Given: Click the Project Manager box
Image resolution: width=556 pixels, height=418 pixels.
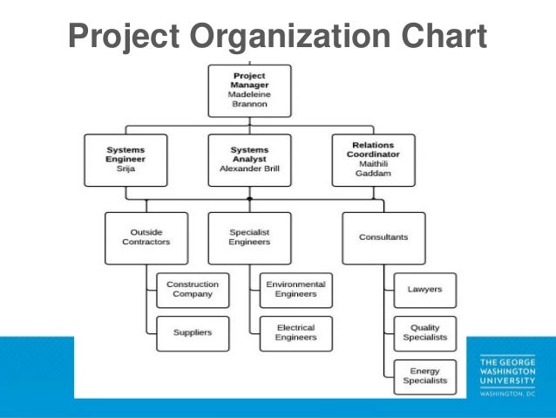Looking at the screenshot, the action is click(249, 90).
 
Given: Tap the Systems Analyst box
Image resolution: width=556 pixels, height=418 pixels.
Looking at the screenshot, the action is click(250, 160).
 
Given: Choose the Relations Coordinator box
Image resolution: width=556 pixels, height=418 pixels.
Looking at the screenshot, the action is click(373, 160).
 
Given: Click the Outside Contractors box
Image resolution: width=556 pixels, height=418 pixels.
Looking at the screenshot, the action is click(146, 237).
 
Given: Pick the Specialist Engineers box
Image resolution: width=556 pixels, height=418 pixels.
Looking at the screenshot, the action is click(250, 237).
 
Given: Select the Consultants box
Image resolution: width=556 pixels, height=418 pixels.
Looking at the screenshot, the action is click(383, 237).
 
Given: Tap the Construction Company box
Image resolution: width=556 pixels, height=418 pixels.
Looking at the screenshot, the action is click(193, 290).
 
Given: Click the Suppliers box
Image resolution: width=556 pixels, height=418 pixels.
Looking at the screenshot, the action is click(193, 332).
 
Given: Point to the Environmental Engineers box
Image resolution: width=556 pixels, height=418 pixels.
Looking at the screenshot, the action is click(295, 290).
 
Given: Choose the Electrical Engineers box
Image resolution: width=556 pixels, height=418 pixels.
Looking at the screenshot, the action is click(295, 332).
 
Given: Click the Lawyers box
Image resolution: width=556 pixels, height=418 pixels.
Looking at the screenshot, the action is click(424, 289).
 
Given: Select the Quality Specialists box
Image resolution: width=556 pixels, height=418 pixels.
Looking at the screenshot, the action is click(424, 332).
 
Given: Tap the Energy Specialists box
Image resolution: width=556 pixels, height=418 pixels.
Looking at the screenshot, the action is click(424, 376).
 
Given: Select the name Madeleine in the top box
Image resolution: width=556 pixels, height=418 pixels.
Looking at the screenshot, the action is click(250, 94).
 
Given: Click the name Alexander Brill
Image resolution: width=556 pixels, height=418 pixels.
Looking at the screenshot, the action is click(250, 170).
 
